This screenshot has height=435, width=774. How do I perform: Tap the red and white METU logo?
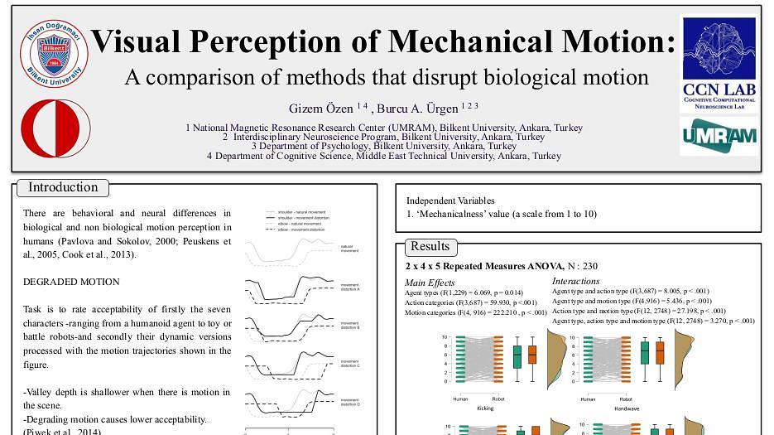point(55,130)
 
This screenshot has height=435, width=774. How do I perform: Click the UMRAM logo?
point(719,136)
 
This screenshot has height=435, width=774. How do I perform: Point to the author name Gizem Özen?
point(321,109)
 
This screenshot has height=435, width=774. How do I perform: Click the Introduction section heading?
point(63,187)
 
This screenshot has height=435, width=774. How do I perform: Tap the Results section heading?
point(430,246)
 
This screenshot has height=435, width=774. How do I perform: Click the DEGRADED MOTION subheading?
point(71,282)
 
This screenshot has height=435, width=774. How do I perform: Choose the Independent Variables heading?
point(450,201)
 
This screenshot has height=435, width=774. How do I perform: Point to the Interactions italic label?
point(576,282)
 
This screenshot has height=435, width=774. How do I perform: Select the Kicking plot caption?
point(485,408)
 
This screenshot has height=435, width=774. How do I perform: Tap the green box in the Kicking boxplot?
point(517,356)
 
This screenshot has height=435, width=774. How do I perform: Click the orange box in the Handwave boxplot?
point(660,354)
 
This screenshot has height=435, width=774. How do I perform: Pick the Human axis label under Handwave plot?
point(588,399)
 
